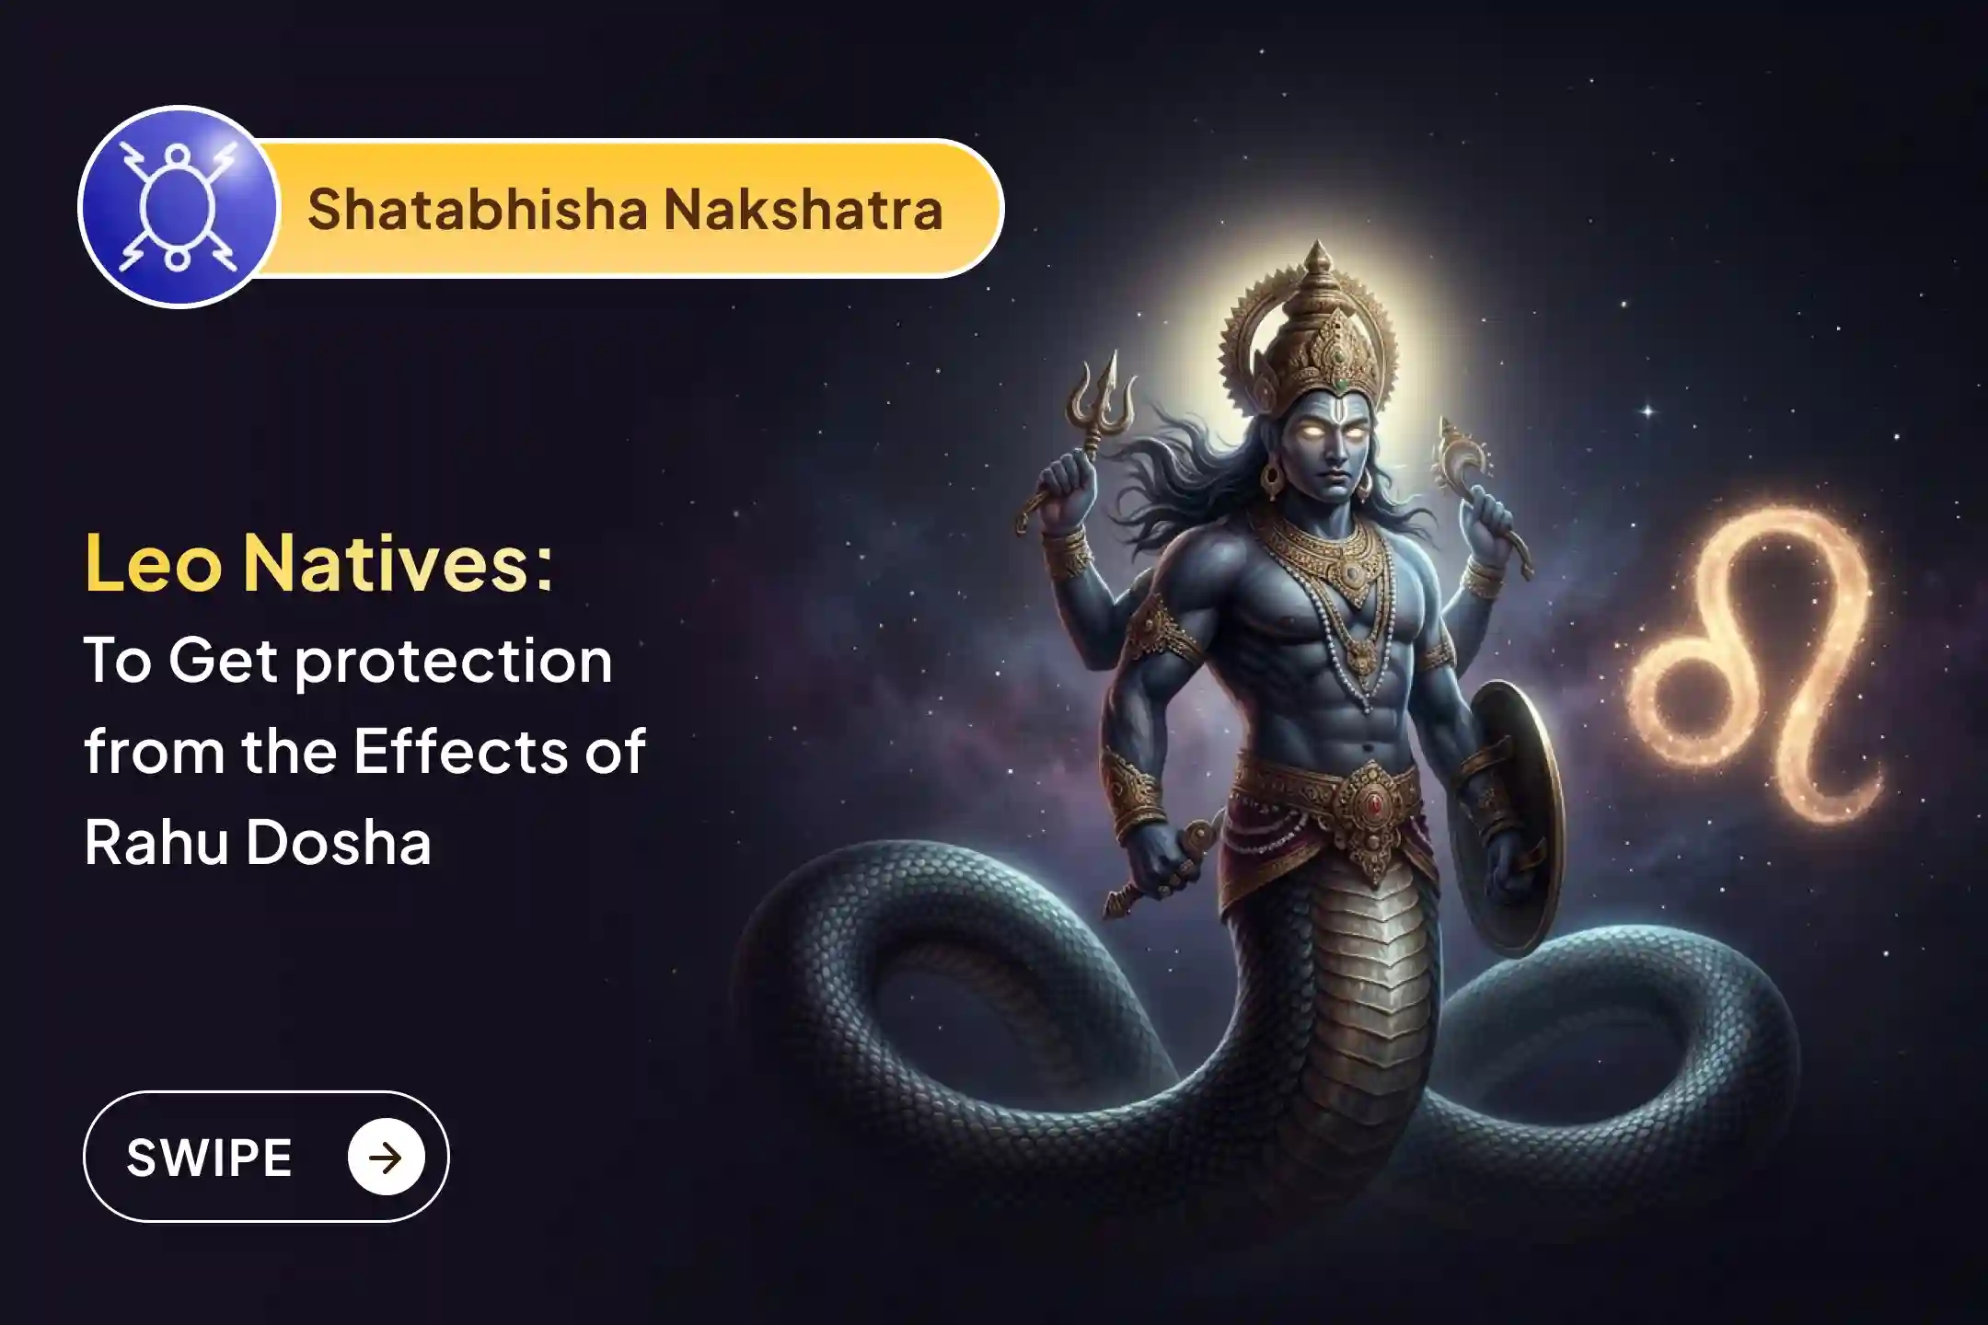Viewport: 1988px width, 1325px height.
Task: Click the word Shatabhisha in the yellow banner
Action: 478,209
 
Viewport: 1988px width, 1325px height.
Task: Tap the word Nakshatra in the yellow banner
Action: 803,209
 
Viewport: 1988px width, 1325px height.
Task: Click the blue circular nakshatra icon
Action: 179,207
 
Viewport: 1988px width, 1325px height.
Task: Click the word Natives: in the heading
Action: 398,563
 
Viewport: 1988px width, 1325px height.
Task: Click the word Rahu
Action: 156,842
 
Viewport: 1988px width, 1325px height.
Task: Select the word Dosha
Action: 339,842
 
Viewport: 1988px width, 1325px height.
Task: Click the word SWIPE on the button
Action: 209,1157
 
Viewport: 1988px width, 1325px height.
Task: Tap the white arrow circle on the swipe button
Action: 386,1157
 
